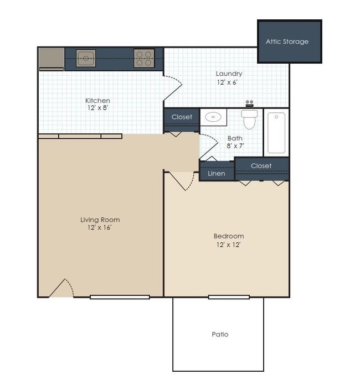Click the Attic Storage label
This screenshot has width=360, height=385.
point(287,41)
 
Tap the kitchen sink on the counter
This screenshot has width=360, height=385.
point(86,58)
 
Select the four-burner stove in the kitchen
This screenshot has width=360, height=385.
point(143,58)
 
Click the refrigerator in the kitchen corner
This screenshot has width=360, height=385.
point(52,58)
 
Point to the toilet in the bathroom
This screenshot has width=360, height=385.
point(250,118)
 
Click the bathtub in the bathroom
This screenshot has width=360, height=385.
point(276,133)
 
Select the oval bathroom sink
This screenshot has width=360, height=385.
point(213,117)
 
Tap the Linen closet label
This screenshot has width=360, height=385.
point(216,173)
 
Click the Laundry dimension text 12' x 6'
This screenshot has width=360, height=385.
point(229,82)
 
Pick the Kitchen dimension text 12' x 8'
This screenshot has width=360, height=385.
point(97,108)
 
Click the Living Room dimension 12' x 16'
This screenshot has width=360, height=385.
point(100,227)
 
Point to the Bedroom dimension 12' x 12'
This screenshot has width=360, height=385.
point(229,244)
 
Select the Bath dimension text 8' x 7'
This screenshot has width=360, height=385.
point(235,146)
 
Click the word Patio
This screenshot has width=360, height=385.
point(220,334)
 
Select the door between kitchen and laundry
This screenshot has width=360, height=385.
point(173,89)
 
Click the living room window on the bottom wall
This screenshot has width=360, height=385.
point(120,297)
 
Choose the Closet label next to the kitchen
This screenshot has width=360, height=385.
point(182,117)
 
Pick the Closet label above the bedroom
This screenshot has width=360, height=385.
point(261,165)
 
